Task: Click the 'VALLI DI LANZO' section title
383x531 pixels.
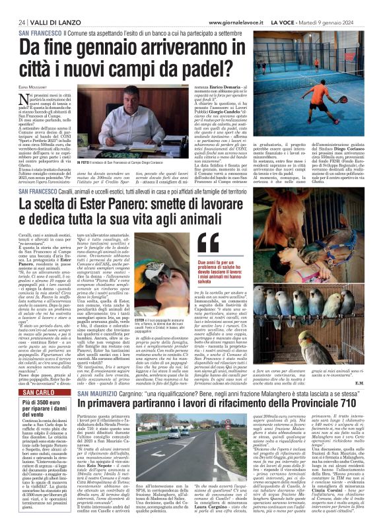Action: [48, 21]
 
